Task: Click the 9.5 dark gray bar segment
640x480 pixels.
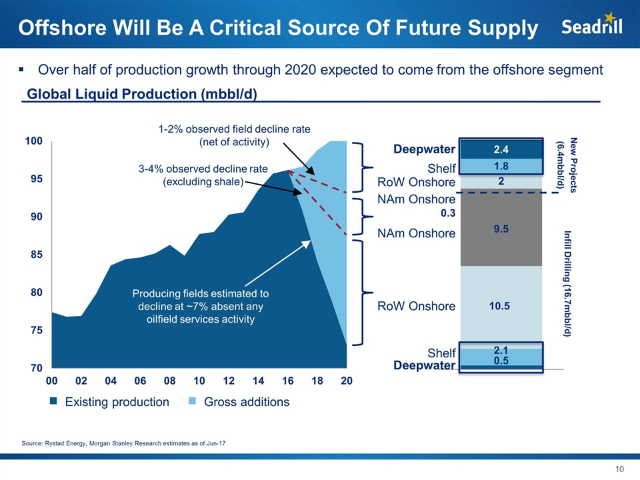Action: click(x=501, y=229)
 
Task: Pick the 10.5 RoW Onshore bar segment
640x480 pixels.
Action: click(x=501, y=306)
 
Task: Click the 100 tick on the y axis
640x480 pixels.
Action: click(x=35, y=141)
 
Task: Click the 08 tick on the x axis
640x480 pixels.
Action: click(x=170, y=381)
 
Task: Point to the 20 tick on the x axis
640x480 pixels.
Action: click(x=347, y=381)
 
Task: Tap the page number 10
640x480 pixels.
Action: click(x=619, y=469)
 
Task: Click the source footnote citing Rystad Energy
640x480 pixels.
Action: click(x=123, y=444)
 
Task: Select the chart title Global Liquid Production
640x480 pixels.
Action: click(x=141, y=94)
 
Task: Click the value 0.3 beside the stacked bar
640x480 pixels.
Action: click(x=447, y=214)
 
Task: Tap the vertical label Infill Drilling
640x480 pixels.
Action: click(x=567, y=283)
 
